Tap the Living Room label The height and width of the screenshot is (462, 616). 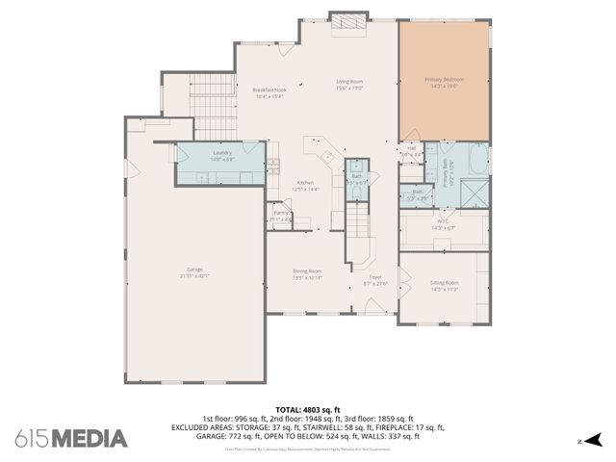[x=348, y=82]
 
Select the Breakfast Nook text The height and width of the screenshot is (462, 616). [x=269, y=90]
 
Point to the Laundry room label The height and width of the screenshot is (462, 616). [x=222, y=152]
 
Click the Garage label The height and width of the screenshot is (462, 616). [x=194, y=269]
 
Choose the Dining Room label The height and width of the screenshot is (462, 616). [x=307, y=271]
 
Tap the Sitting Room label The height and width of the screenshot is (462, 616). [x=444, y=283]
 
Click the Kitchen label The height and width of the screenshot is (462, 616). [x=305, y=183]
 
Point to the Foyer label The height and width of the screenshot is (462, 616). [x=374, y=277]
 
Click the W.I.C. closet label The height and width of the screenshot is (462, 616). [x=443, y=220]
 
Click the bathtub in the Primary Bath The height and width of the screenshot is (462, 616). [x=475, y=159]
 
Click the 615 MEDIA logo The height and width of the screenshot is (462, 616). [x=71, y=438]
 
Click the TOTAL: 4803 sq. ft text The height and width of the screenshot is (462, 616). [x=308, y=409]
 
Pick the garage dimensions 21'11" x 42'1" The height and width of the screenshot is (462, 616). [x=194, y=275]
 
